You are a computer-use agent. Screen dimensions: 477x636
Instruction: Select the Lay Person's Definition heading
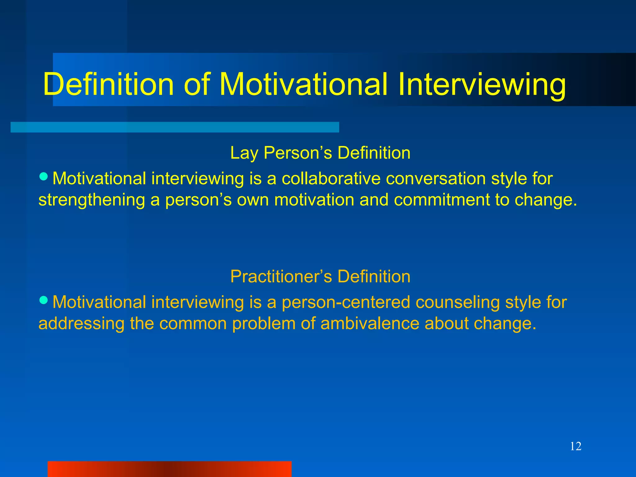320,153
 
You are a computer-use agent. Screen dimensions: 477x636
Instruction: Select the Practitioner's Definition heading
320,276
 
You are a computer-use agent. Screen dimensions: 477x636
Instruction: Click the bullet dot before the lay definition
44,177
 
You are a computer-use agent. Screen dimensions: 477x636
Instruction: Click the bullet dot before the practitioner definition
44,300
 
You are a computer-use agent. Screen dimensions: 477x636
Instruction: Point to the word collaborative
331,179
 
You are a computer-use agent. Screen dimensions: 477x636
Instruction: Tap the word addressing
81,323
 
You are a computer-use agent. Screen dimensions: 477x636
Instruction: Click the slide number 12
575,447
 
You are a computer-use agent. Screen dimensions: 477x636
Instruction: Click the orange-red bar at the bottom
169,469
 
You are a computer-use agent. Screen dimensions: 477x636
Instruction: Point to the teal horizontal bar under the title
175,127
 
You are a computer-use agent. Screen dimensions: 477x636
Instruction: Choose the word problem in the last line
264,323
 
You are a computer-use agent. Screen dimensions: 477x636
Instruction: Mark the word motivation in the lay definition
314,200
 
